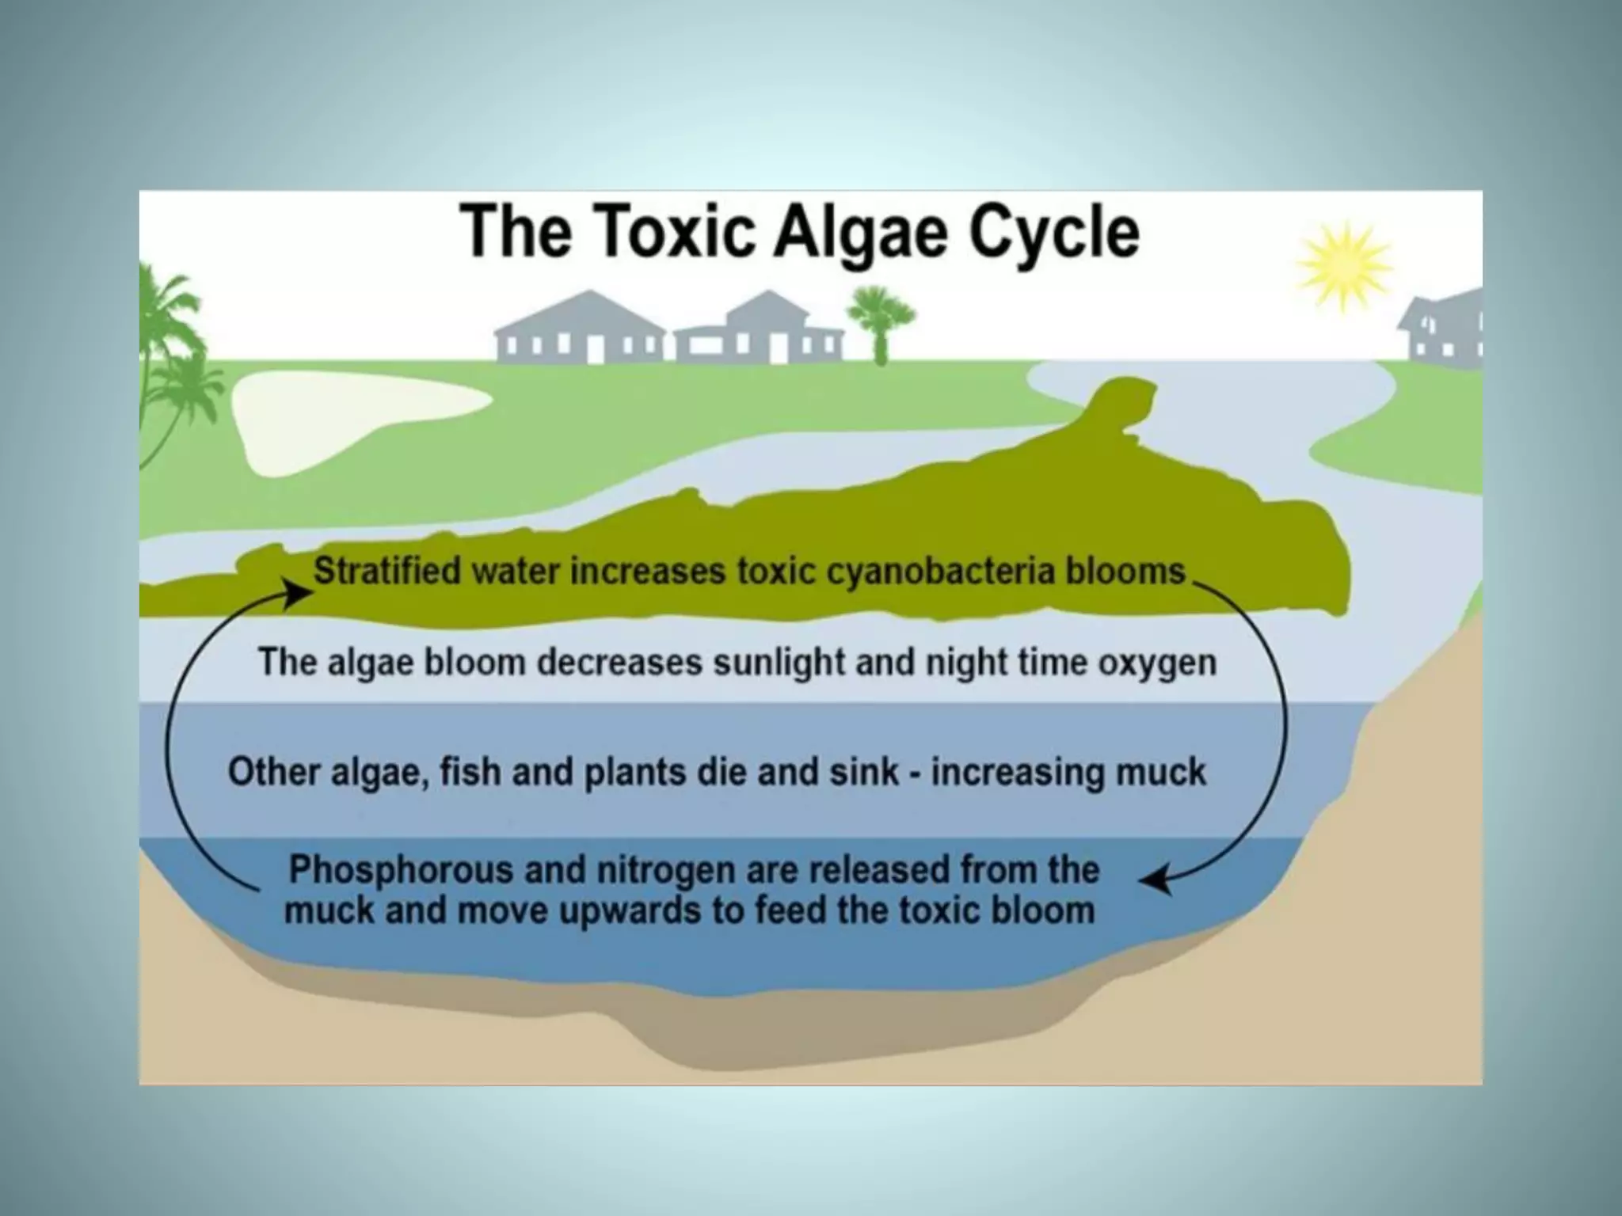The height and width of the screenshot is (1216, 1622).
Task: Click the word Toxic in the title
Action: coord(671,231)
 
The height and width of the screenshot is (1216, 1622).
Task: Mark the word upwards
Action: coord(630,910)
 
